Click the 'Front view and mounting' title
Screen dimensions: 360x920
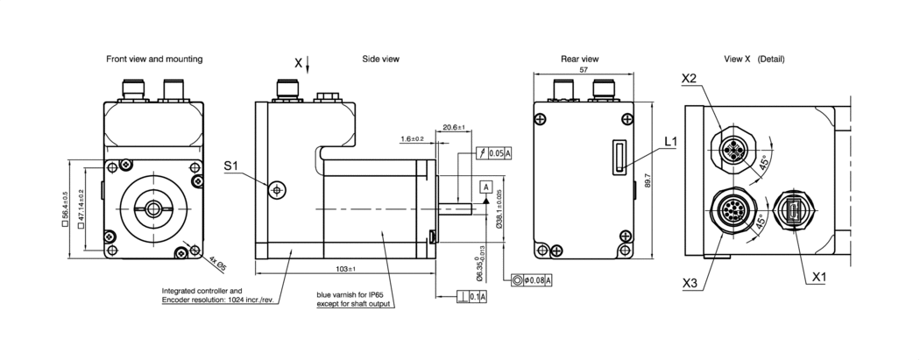tap(154, 60)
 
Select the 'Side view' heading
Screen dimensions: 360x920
tap(380, 60)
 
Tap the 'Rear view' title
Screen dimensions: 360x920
tap(579, 60)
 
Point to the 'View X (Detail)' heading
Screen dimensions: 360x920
tap(754, 60)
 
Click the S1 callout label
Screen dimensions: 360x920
tap(231, 166)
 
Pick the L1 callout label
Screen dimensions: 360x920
tap(671, 141)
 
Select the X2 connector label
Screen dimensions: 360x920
tap(689, 79)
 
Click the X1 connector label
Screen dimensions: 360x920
tap(820, 278)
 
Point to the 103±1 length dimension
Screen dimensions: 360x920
tap(345, 268)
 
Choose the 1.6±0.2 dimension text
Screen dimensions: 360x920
tap(412, 139)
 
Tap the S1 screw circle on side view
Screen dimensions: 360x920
tap(278, 188)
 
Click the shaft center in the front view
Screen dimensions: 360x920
tap(154, 208)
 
